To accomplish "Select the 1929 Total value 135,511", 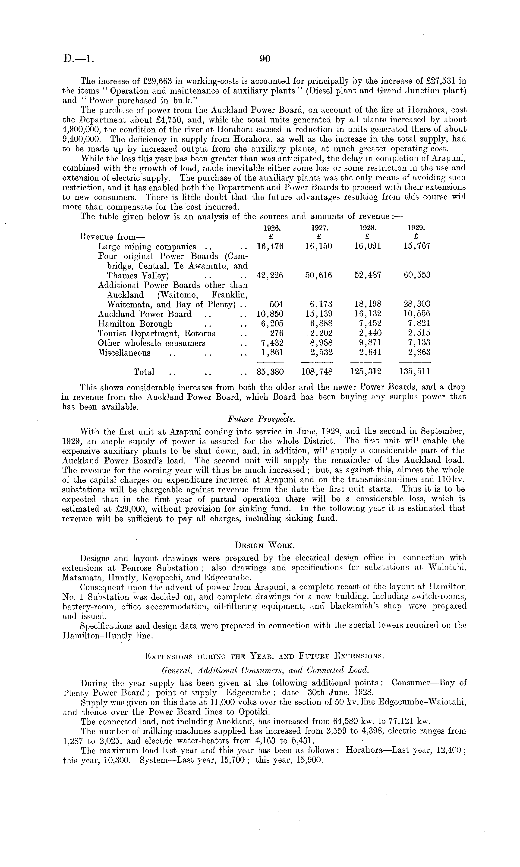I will (415, 372).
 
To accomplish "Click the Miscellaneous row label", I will (124, 353).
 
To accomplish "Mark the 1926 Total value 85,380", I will (270, 372).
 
